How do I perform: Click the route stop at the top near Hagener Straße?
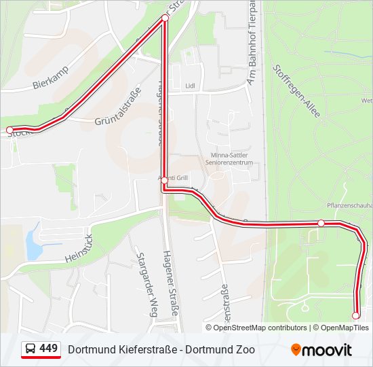click(x=165, y=18)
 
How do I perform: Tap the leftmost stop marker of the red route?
click(x=9, y=129)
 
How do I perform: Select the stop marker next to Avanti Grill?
click(x=165, y=180)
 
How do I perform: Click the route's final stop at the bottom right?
click(x=355, y=315)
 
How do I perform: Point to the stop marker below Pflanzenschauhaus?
click(x=321, y=223)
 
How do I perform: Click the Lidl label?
click(x=190, y=86)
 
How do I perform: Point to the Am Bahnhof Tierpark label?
click(x=252, y=44)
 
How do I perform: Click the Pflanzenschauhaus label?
click(x=349, y=205)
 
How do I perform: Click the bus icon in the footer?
click(x=30, y=349)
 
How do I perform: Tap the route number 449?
click(x=49, y=349)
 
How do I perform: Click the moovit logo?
click(x=321, y=350)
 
